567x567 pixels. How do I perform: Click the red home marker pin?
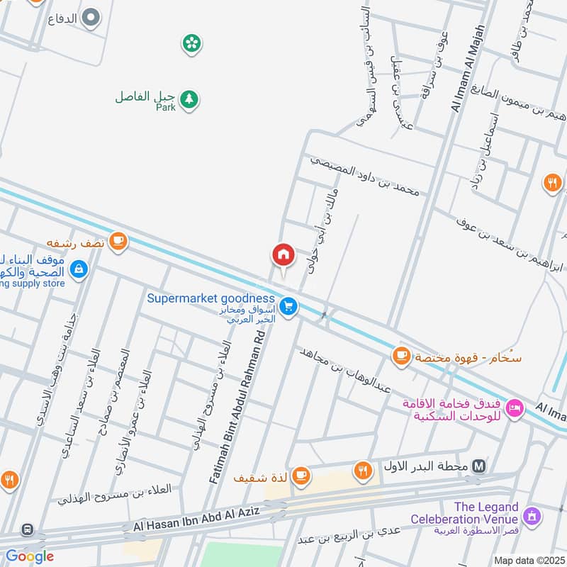coord(283,254)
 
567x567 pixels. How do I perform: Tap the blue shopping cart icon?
coord(288,306)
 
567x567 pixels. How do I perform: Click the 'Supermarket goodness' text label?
coord(210,298)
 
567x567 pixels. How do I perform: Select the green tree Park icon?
coord(189,99)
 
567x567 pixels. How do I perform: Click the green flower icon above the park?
coord(191,44)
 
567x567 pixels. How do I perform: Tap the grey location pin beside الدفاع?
coord(91,18)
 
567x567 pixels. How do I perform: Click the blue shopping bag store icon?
coord(79,269)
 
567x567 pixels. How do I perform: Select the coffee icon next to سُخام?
coord(402,354)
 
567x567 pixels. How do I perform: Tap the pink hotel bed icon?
coord(515,408)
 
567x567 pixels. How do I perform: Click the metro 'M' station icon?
coord(480,466)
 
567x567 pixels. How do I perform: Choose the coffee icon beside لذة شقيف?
coord(301,474)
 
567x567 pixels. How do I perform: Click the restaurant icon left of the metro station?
coord(364,468)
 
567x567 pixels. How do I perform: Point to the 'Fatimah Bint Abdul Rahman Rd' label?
coord(238,410)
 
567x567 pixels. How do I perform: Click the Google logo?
coord(30,556)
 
